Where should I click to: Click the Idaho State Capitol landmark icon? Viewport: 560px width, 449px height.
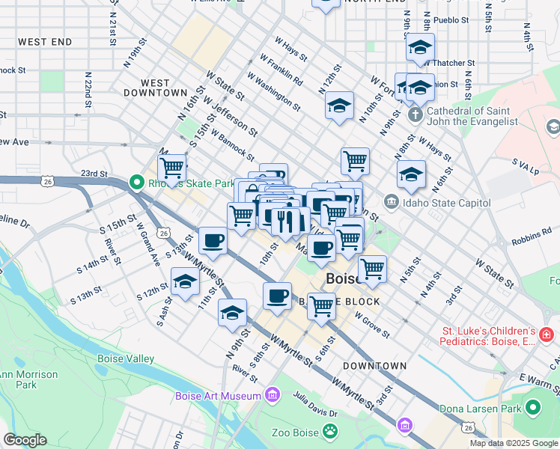pyautogui.click(x=391, y=203)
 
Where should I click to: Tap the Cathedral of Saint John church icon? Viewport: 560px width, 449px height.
pyautogui.click(x=415, y=116)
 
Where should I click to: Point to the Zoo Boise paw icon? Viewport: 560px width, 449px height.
pyautogui.click(x=329, y=431)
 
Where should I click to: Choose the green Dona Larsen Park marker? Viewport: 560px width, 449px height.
pyautogui.click(x=533, y=408)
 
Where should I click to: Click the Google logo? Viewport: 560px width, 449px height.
pyautogui.click(x=25, y=440)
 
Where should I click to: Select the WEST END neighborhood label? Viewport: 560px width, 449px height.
pyautogui.click(x=45, y=41)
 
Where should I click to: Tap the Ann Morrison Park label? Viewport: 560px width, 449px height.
pyautogui.click(x=28, y=379)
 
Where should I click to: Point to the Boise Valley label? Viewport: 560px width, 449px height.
pyautogui.click(x=126, y=359)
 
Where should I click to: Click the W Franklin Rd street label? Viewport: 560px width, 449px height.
pyautogui.click(x=281, y=68)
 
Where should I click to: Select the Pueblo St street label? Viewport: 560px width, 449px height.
pyautogui.click(x=450, y=20)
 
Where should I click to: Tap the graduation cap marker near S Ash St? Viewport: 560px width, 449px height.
pyautogui.click(x=185, y=282)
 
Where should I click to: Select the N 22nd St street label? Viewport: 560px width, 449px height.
pyautogui.click(x=88, y=90)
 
